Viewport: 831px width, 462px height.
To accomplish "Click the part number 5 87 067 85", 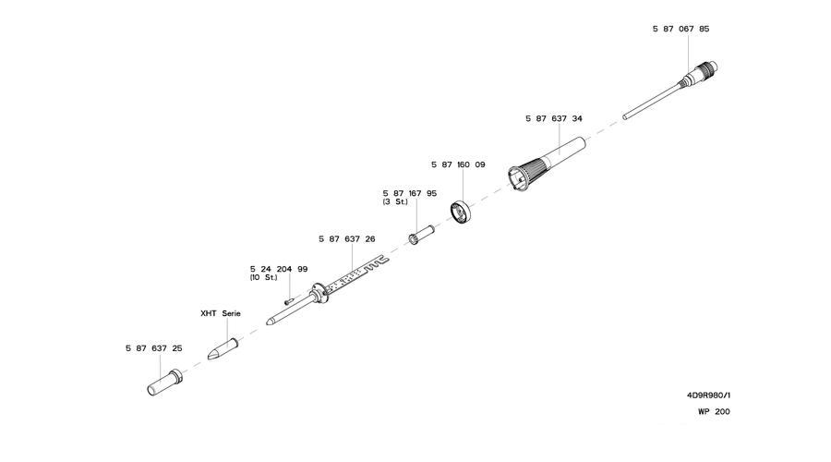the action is pyautogui.click(x=680, y=29).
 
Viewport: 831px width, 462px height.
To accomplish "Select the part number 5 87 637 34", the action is pyautogui.click(x=554, y=119).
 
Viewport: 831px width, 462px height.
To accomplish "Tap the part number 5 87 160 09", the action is pyautogui.click(x=458, y=165).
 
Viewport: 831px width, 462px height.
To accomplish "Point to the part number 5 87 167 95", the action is pyautogui.click(x=410, y=194).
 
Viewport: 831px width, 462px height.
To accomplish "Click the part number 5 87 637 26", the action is pyautogui.click(x=346, y=239).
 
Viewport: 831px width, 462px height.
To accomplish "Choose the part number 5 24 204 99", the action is pyautogui.click(x=279, y=269).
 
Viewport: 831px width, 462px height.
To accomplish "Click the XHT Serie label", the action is pyautogui.click(x=221, y=313).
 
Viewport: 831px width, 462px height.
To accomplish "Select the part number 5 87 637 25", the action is pyautogui.click(x=153, y=348).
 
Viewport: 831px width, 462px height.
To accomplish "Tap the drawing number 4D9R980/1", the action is pyautogui.click(x=708, y=395).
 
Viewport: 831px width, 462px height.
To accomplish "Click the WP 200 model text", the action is pyautogui.click(x=714, y=411).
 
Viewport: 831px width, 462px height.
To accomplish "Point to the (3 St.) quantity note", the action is pyautogui.click(x=395, y=202).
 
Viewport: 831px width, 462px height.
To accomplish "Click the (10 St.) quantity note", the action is pyautogui.click(x=264, y=277).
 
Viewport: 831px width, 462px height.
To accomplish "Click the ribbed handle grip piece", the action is pyautogui.click(x=546, y=162).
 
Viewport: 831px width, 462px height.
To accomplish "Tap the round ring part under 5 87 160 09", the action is pyautogui.click(x=461, y=212).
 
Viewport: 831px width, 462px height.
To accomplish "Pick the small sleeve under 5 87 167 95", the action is pyautogui.click(x=421, y=235).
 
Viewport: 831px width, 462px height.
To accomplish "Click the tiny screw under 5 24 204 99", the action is pyautogui.click(x=289, y=300).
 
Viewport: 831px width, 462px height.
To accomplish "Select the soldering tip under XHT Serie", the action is pyautogui.click(x=223, y=349).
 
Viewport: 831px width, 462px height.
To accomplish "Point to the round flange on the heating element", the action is pyautogui.click(x=319, y=293).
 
